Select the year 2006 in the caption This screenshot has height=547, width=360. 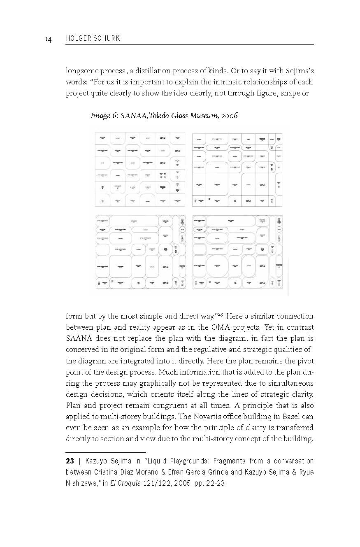[229, 116]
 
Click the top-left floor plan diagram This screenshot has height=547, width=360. [139, 169]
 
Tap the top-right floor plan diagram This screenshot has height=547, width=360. [237, 169]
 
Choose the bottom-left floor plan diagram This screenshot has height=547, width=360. [140, 251]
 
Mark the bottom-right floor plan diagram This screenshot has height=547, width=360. [238, 251]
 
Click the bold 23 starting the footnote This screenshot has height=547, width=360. [70, 461]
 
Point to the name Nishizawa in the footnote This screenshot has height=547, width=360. [82, 483]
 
